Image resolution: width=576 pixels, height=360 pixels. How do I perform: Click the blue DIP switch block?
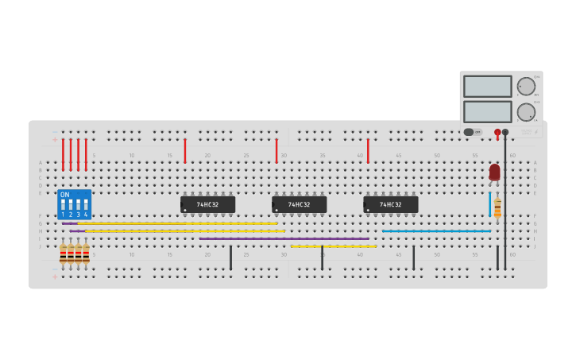74,204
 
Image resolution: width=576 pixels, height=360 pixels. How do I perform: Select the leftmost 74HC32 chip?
207,204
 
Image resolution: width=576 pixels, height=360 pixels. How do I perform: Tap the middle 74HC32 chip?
299,204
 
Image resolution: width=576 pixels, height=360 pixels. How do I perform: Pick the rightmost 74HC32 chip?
390,204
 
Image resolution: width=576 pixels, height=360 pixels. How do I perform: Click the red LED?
494,171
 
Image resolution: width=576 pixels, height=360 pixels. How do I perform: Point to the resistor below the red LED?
497,207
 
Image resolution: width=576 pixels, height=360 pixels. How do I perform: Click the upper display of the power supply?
487,86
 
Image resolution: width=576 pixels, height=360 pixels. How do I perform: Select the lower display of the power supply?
487,111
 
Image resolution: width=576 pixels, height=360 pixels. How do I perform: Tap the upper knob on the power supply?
526,87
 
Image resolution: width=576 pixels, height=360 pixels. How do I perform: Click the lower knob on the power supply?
526,112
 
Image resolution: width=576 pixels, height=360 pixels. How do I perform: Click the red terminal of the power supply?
497,132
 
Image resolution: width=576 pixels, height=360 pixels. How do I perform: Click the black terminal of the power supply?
505,132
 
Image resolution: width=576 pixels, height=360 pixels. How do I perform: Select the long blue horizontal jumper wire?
436,231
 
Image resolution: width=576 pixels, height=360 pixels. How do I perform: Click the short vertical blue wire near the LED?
490,204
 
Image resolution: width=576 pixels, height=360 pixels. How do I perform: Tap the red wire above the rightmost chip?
368,151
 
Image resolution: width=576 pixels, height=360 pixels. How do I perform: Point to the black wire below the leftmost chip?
230,257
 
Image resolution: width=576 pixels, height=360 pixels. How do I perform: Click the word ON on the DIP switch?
64,195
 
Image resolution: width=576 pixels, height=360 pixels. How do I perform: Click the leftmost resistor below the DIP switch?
63,254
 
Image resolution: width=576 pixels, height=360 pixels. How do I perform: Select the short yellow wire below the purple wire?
333,246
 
